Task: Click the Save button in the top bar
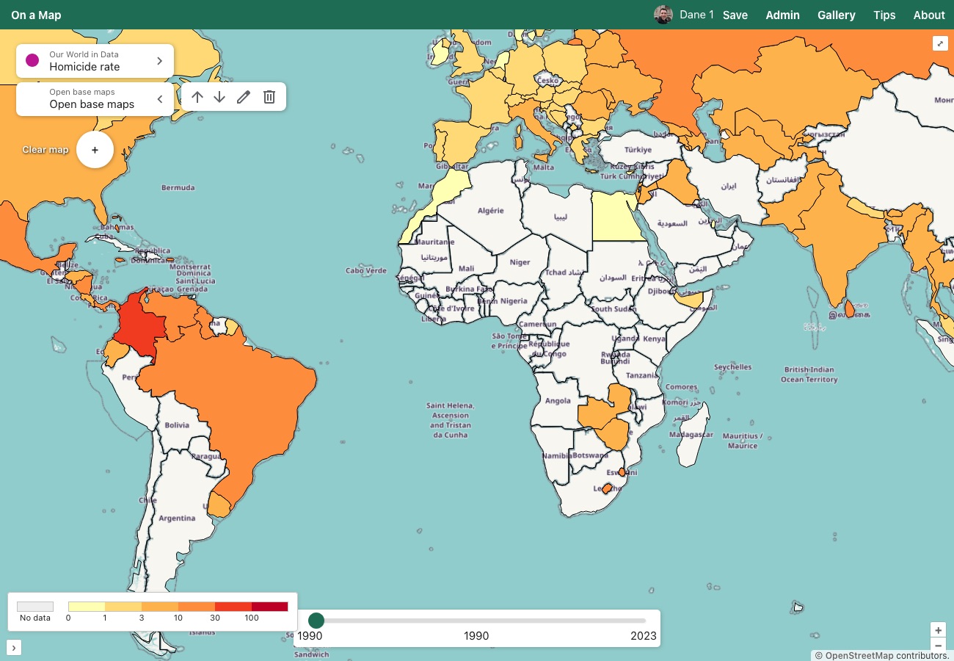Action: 735,15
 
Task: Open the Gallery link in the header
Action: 836,15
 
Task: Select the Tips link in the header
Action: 884,15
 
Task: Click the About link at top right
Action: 928,15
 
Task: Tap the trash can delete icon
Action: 269,97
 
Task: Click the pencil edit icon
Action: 244,97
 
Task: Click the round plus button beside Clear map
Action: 95,150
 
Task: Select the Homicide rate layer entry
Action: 95,61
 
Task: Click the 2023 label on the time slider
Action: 643,636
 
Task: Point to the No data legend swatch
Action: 35,607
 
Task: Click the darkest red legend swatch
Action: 269,607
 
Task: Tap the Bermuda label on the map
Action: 178,187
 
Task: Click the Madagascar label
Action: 691,435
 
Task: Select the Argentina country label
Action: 177,518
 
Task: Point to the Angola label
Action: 558,401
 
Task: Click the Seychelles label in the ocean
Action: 732,366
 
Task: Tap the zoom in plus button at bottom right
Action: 938,630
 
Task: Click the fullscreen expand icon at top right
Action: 940,43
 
